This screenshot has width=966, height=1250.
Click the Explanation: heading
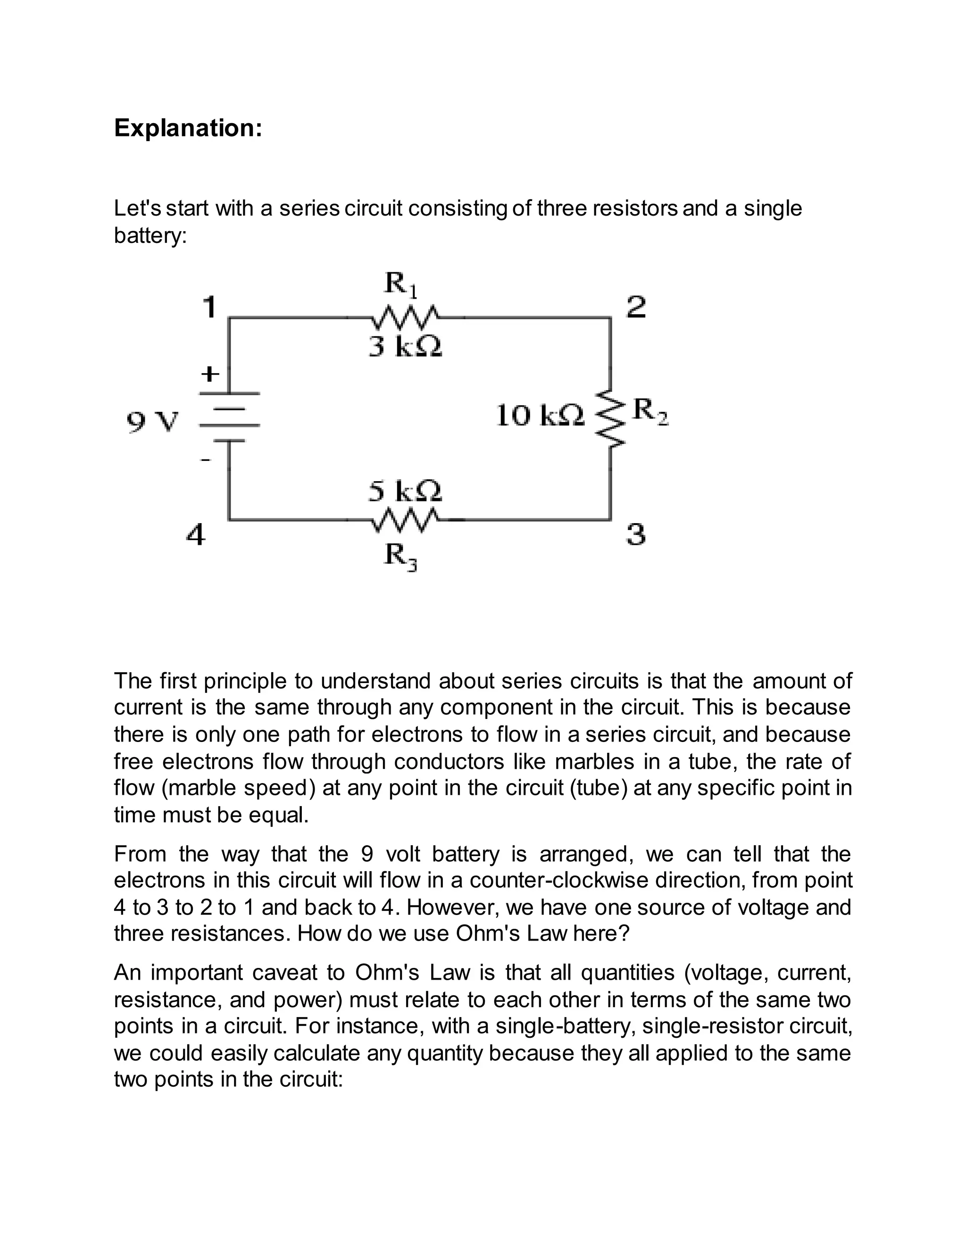pyautogui.click(x=188, y=128)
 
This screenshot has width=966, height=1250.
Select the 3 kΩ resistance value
pyautogui.click(x=405, y=347)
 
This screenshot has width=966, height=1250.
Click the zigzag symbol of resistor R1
pyautogui.click(x=405, y=316)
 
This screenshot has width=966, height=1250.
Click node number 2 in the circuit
pyautogui.click(x=636, y=308)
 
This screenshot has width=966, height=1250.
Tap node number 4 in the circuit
pyautogui.click(x=196, y=536)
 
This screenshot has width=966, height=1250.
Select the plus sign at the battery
pyautogui.click(x=210, y=375)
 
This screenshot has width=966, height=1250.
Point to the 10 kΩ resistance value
pyautogui.click(x=540, y=416)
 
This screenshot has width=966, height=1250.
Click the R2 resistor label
pyautogui.click(x=651, y=411)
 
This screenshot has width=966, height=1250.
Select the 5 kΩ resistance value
pyautogui.click(x=405, y=491)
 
